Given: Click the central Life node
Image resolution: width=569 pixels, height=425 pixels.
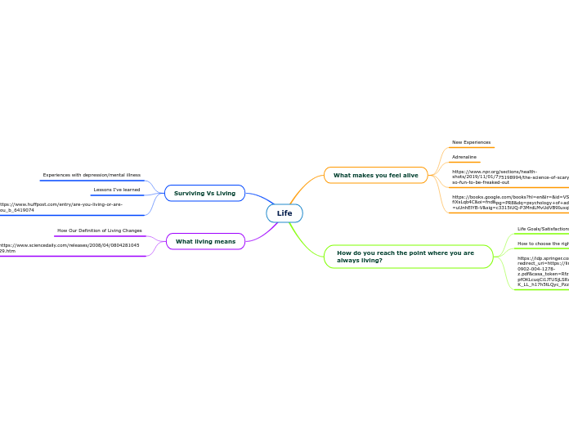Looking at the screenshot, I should (284, 213).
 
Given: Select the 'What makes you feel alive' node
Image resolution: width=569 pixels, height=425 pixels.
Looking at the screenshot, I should (375, 175).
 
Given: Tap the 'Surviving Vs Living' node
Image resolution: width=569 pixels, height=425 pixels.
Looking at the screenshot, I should (204, 193).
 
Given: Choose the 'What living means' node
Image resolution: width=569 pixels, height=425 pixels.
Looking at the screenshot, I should (205, 241).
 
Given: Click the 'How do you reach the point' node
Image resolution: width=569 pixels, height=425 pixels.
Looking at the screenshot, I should (405, 257).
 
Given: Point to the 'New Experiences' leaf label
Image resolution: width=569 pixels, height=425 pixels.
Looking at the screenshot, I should (471, 142).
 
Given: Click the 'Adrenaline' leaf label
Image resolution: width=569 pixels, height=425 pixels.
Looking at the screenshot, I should (464, 157).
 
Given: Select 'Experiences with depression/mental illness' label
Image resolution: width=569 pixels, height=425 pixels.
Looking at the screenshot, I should (92, 175).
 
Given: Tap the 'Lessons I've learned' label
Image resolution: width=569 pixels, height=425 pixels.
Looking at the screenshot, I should (117, 190).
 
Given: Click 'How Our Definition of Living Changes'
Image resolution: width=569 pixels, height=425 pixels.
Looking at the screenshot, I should (100, 230).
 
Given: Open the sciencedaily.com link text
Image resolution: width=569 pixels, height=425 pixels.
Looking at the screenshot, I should (69, 248).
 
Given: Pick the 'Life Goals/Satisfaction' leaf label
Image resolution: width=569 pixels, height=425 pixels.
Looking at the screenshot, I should (543, 229).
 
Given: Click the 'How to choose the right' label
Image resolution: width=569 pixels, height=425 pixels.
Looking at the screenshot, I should (543, 244).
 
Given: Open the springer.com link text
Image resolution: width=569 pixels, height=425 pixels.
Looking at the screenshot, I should (543, 271).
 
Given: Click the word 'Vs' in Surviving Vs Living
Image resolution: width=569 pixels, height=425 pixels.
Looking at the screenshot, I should (209, 193).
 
